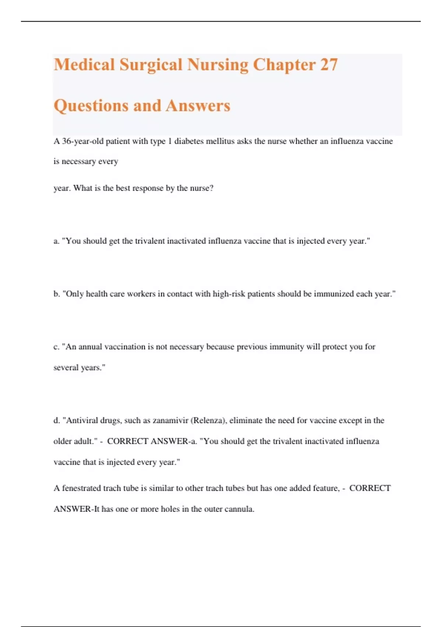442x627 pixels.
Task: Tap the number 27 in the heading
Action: (329, 65)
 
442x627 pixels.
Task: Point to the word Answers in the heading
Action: (198, 106)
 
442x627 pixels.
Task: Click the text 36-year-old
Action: (83, 141)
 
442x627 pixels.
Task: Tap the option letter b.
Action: (56, 294)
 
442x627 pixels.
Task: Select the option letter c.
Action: (56, 347)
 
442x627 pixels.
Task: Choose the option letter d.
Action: (56, 420)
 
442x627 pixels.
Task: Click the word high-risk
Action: (229, 294)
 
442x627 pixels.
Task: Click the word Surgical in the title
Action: (151, 65)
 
